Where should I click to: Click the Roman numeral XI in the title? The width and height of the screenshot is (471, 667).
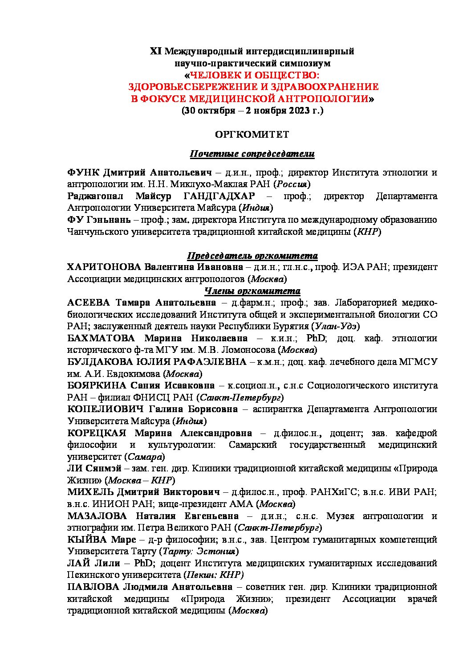156,51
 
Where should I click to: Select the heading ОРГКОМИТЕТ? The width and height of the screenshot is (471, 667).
252,134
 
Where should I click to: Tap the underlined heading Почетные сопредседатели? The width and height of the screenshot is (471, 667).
252,154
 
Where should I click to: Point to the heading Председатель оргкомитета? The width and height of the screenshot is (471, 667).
252,256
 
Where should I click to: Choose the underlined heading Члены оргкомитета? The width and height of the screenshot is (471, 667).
252,291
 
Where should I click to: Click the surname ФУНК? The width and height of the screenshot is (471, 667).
83,172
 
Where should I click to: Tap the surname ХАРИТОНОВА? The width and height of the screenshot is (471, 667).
104,267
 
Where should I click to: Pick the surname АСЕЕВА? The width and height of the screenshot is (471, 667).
88,303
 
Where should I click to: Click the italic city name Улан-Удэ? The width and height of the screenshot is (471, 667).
337,327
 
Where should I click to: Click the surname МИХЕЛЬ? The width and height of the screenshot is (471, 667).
90,492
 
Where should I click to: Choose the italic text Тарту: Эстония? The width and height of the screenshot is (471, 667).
198,551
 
